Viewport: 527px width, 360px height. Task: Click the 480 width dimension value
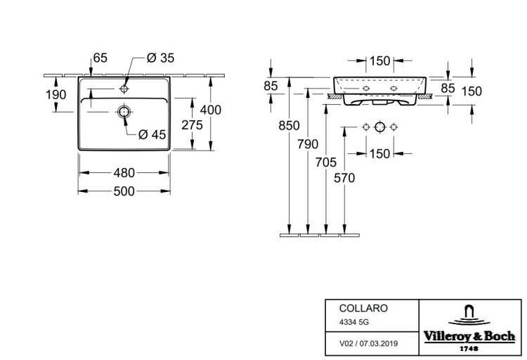pyautogui.click(x=124, y=173)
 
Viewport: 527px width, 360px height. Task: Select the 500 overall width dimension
pyautogui.click(x=124, y=191)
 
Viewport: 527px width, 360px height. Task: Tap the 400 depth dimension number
pyautogui.click(x=211, y=110)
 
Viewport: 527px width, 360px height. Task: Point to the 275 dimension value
pyautogui.click(x=193, y=125)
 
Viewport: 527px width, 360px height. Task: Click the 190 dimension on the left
pyautogui.click(x=56, y=95)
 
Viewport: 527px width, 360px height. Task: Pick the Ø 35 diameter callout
pyautogui.click(x=161, y=58)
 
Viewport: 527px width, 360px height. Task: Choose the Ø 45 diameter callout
pyautogui.click(x=152, y=134)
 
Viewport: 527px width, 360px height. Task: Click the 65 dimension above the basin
pyautogui.click(x=100, y=58)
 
